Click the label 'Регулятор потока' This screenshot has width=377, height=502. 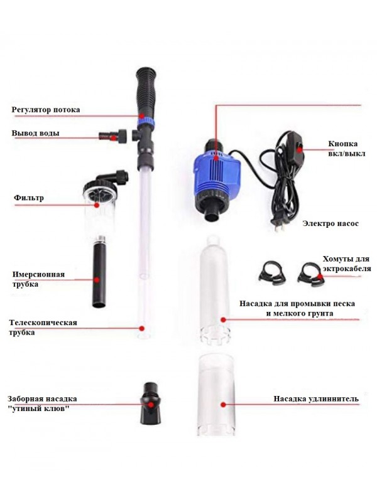pos(46,110)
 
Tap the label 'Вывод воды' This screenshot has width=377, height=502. pos(36,133)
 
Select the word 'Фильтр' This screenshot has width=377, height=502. pos(28,198)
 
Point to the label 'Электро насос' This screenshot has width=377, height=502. pos(331,223)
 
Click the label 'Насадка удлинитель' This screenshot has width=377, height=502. pos(316,399)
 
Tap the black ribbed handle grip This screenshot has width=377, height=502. pos(146,92)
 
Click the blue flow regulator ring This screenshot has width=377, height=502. pos(146,122)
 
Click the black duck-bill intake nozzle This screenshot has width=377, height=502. pos(150,402)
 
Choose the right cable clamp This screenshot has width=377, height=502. pos(311,274)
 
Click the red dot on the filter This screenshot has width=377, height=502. pos(97,205)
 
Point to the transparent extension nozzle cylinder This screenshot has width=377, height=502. pos(216,395)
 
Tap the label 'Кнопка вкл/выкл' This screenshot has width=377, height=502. pos(347,149)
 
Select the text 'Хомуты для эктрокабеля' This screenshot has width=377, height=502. pos(346,264)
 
